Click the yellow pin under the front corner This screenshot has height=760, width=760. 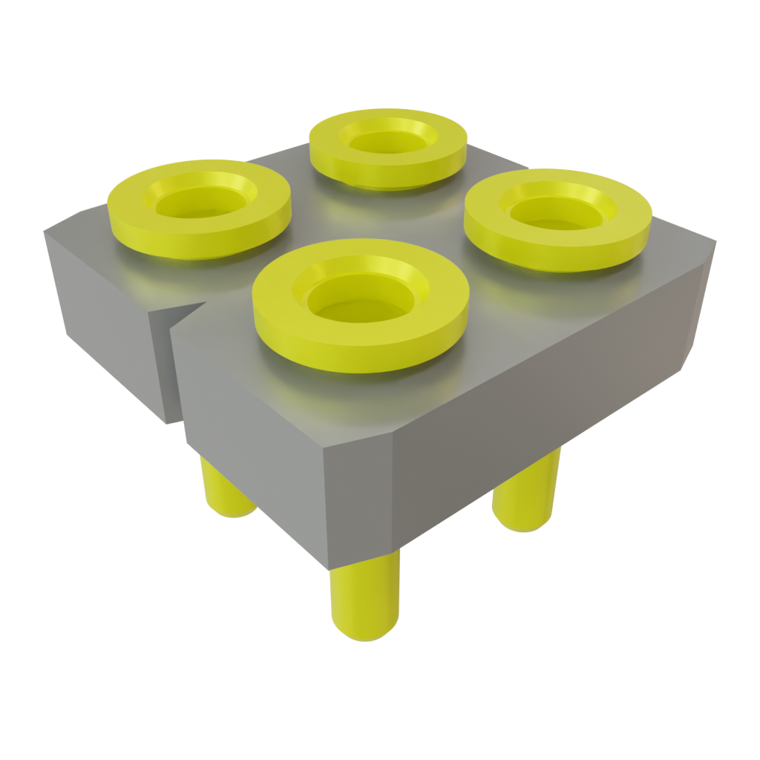tap(364, 601)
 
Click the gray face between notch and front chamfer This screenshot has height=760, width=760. tap(252, 423)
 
